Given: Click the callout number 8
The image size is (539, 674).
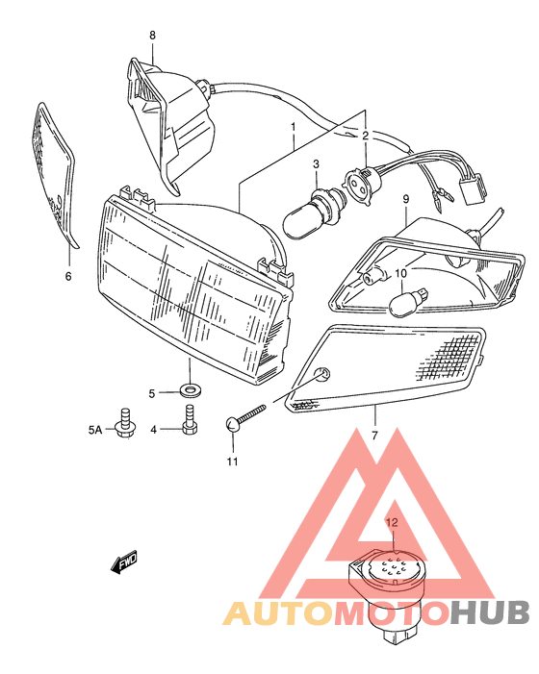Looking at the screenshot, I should (151, 36).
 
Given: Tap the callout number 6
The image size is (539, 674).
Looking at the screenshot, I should (68, 277).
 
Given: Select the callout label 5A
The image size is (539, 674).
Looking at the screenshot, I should (94, 429).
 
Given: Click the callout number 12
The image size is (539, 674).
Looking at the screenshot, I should (391, 523).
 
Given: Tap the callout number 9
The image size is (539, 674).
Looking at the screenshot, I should (406, 199).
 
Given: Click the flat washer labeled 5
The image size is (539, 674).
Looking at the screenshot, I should (190, 391).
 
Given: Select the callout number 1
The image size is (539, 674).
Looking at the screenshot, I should (292, 127).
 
